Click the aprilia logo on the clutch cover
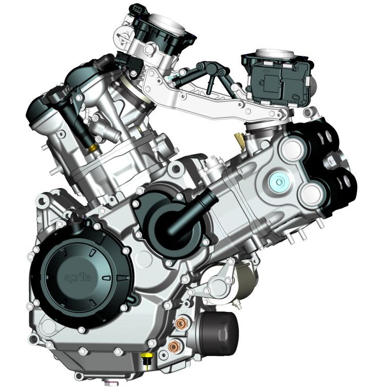tap(78, 277)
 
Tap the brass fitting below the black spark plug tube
tap(92, 148)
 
